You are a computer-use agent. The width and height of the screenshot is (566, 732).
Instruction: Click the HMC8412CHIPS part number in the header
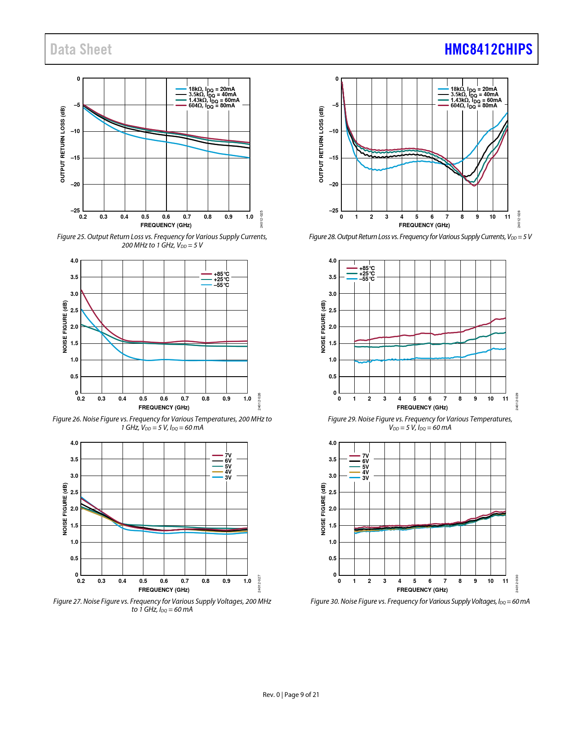click(488, 49)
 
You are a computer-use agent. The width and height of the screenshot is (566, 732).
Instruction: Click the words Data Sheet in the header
click(81, 49)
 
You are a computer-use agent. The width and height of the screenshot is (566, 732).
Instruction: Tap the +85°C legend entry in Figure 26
click(221, 274)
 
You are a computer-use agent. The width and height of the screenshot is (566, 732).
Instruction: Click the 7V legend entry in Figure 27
click(228, 456)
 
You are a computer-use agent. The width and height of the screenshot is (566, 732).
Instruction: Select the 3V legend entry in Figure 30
click(365, 478)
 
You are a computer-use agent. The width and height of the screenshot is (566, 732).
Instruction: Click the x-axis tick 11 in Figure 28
click(507, 217)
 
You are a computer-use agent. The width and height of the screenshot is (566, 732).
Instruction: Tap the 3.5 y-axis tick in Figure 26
click(74, 277)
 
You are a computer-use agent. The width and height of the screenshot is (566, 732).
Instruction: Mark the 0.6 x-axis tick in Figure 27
click(164, 581)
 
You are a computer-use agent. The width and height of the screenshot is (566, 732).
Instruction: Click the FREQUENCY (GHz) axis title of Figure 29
click(422, 408)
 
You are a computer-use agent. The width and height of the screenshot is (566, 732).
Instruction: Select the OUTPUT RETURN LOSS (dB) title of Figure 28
click(321, 144)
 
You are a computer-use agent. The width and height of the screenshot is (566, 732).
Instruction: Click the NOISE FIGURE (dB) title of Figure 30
click(323, 509)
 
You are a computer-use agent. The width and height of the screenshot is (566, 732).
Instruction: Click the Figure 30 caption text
click(420, 602)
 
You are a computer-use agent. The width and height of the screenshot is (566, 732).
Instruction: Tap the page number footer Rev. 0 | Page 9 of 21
click(291, 695)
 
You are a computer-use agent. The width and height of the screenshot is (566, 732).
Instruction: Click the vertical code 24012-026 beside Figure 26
click(259, 401)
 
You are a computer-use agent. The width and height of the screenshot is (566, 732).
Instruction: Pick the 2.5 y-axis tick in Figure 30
click(332, 492)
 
